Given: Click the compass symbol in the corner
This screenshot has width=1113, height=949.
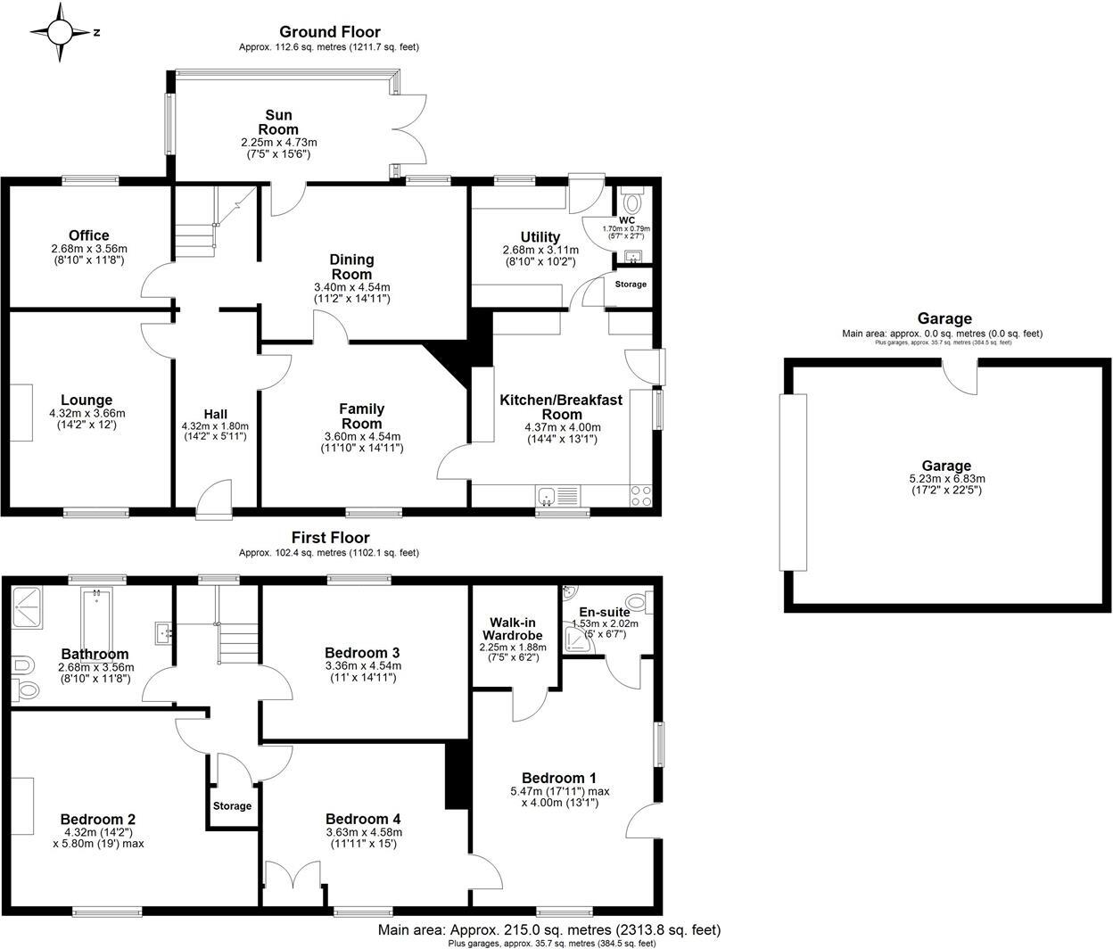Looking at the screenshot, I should tap(61, 33).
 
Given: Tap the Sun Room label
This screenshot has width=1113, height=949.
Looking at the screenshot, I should tap(278, 122).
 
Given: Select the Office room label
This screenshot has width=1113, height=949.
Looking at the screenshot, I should tap(88, 236).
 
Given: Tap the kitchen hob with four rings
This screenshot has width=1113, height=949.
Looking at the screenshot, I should tap(641, 496).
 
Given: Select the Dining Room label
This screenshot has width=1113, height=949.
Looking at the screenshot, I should tap(352, 267).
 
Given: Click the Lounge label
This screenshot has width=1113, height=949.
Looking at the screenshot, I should tap(87, 400).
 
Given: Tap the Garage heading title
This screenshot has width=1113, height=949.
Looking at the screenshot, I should tap(944, 318).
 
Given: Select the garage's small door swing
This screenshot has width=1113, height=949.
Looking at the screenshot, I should tap(961, 375).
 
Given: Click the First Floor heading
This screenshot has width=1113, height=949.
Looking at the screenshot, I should tap(330, 538).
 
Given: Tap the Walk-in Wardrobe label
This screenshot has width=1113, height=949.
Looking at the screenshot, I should tap(516, 629).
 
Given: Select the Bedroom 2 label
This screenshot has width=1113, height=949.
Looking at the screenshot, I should tap(97, 819).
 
